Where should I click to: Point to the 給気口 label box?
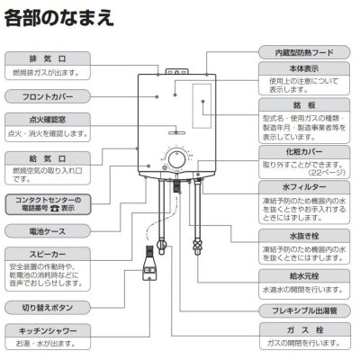point(46,158)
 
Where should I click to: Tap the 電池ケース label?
point(46,231)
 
